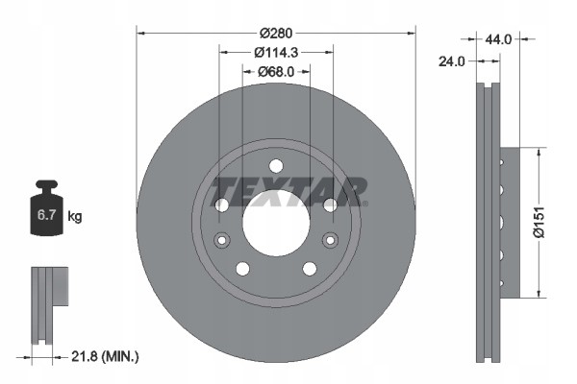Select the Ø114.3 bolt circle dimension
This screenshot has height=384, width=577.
pos(276,52)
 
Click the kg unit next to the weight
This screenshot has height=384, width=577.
pos(75,217)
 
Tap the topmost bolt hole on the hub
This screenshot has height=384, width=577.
pos(276,164)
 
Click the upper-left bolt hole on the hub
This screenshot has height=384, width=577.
pos(222,204)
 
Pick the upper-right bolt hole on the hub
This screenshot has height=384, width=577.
pos(330,204)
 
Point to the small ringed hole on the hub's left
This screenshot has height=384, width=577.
pos(222,239)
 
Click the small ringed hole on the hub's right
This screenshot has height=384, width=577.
pos(330,239)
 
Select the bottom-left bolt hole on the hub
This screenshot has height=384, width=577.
pos(242,268)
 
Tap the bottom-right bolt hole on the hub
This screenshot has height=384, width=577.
pos(310,268)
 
